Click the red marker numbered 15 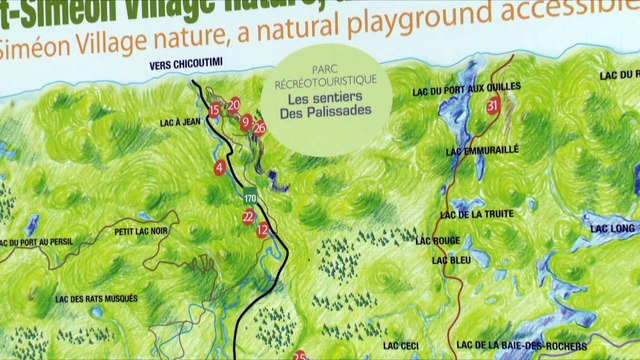pyautogui.click(x=214, y=110)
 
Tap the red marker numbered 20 pyautogui.click(x=234, y=104)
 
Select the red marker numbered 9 pyautogui.click(x=245, y=121)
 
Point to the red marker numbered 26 pyautogui.click(x=259, y=127)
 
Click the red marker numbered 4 pyautogui.click(x=219, y=167)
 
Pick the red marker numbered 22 pyautogui.click(x=248, y=215)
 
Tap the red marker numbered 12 pyautogui.click(x=262, y=229)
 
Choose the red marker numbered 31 pyautogui.click(x=492, y=105)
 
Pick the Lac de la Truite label pyautogui.click(x=485, y=213)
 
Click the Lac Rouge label pyautogui.click(x=437, y=240)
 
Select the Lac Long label pyautogui.click(x=613, y=228)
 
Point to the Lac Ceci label pyautogui.click(x=400, y=345)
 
